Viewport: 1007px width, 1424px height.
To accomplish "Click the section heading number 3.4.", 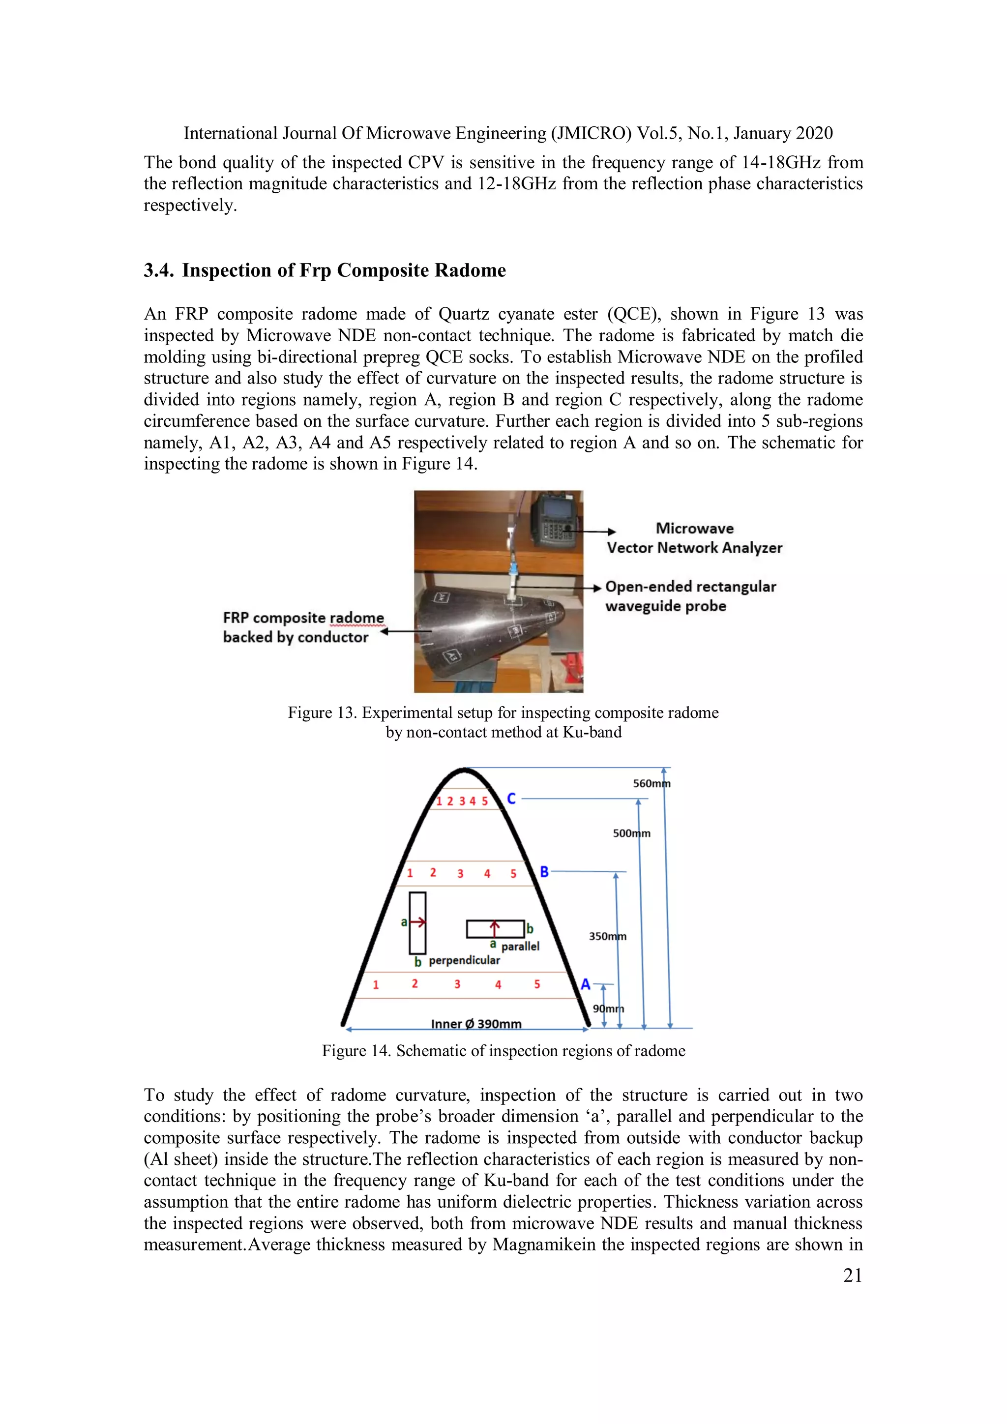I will pyautogui.click(x=159, y=270).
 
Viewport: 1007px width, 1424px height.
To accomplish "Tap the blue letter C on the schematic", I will pyautogui.click(x=511, y=799).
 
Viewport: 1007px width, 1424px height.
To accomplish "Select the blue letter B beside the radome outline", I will pyautogui.click(x=544, y=872).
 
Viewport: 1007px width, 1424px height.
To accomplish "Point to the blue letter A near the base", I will pyautogui.click(x=585, y=984).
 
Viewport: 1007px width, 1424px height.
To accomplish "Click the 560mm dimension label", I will pyautogui.click(x=651, y=783).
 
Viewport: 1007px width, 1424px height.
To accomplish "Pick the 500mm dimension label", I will pyautogui.click(x=631, y=833).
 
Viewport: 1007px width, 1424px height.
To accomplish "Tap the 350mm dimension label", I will pyautogui.click(x=607, y=937).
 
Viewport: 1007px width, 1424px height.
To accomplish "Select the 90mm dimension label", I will pyautogui.click(x=608, y=1009).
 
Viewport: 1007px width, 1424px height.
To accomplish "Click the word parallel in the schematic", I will pyautogui.click(x=520, y=947).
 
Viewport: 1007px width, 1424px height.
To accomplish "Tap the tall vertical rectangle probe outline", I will pyautogui.click(x=417, y=923).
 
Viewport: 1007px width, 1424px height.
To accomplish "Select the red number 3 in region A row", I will pyautogui.click(x=457, y=984).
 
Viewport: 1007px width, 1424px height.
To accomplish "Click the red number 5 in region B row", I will pyautogui.click(x=513, y=874).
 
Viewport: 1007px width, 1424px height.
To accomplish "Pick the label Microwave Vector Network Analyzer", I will pyautogui.click(x=694, y=538).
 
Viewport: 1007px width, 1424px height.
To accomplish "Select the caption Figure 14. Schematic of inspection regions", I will pyautogui.click(x=503, y=1051).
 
